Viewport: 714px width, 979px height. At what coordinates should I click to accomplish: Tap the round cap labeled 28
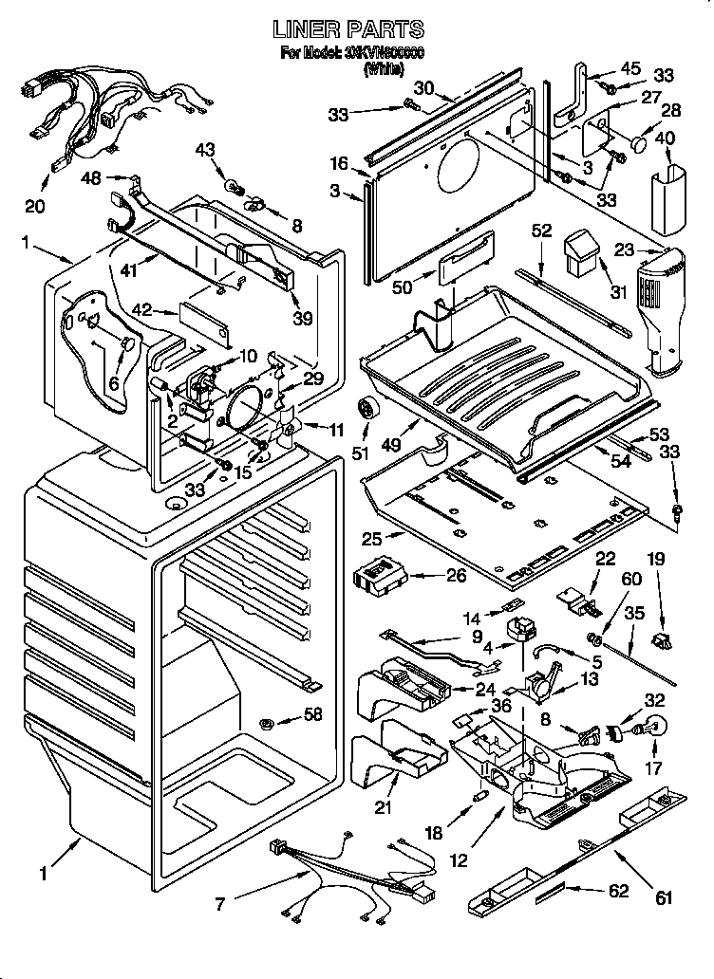[x=641, y=144]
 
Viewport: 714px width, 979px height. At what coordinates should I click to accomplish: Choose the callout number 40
[x=666, y=138]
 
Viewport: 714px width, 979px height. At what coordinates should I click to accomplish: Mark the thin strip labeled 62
[x=554, y=893]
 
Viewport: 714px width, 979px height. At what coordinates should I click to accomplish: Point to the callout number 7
[x=221, y=904]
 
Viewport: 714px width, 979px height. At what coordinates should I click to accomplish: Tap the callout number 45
[x=630, y=67]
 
